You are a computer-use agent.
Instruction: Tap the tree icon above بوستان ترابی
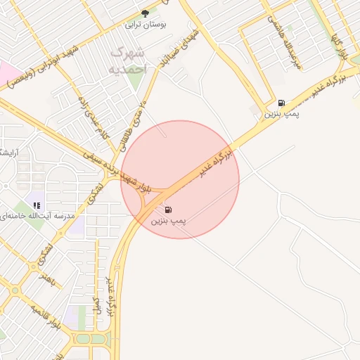(146, 13)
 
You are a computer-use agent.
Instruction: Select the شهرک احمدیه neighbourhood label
(129, 60)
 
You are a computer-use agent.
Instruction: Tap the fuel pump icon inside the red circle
(168, 210)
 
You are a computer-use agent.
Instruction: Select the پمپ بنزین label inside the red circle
(169, 221)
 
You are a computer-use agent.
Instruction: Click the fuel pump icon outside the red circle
(281, 102)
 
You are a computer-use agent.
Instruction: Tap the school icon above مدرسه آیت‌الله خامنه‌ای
(37, 204)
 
